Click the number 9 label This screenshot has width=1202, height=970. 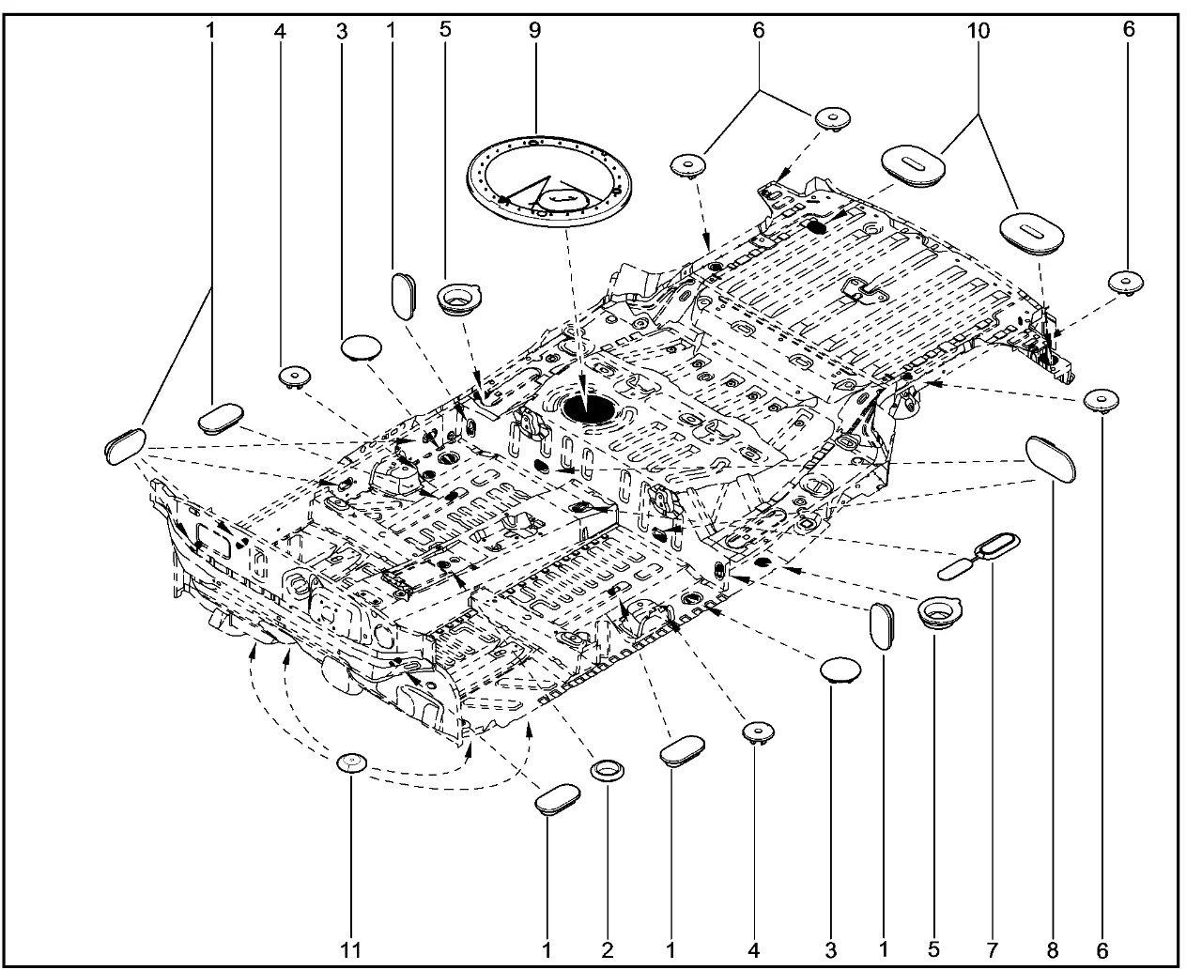pos(534,29)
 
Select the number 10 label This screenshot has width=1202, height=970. pos(978,30)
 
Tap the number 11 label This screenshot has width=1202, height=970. pos(351,950)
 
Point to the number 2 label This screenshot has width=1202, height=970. pos(608,950)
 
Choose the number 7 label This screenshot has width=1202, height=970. pos(993,950)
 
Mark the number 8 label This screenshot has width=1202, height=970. pos(1053,950)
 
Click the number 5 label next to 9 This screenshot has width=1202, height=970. pos(445,29)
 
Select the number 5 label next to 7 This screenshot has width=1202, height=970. pos(934,950)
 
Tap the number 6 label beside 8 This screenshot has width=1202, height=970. pos(1102,950)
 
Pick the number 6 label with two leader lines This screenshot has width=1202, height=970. pos(758,30)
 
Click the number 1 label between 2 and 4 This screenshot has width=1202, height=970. pos(670,950)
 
